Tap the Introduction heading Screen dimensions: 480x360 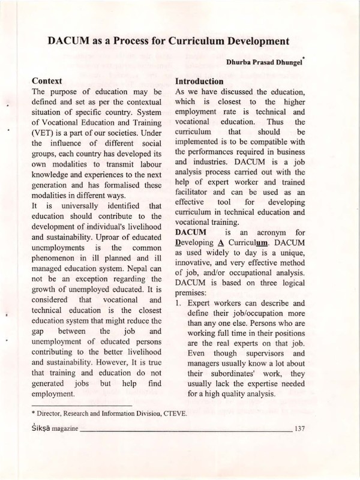tap(199, 81)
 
